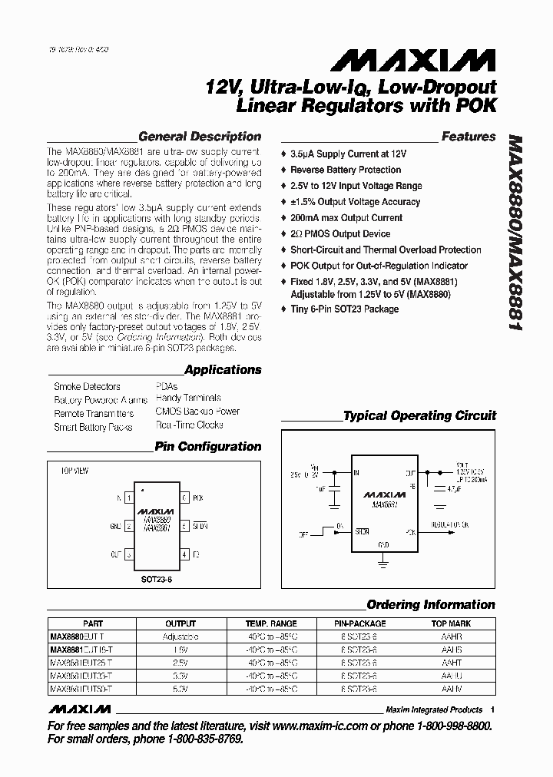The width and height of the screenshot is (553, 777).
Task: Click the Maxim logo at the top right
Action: click(429, 59)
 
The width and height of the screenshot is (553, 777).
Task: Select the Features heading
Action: click(469, 137)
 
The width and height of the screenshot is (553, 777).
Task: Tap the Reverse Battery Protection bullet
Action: click(345, 170)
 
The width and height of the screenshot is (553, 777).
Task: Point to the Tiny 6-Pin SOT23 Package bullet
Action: click(343, 309)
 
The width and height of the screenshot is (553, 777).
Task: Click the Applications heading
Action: click(223, 369)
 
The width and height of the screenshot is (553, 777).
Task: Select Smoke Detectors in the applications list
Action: click(87, 386)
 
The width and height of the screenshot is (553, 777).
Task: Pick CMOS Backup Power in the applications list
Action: click(197, 412)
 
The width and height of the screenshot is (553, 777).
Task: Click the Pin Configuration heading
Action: click(208, 446)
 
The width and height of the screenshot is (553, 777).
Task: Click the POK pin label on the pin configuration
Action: click(198, 498)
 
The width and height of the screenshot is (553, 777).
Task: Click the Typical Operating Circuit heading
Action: click(419, 415)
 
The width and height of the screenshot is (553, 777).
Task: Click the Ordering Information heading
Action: click(431, 604)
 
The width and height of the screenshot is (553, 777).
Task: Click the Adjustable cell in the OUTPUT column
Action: click(180, 636)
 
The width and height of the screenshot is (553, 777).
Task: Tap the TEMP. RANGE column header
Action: click(270, 623)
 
